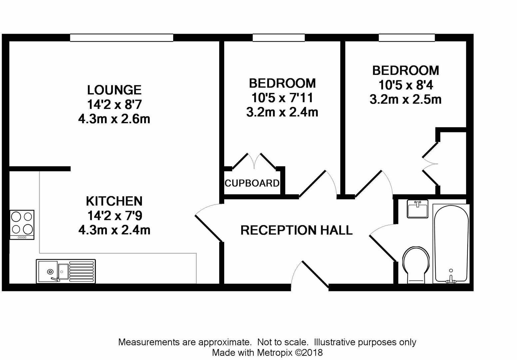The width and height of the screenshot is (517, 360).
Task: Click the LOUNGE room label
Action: tap(114, 90)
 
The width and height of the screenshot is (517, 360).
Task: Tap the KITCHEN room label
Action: tap(114, 201)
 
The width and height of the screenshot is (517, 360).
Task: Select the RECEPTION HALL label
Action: tap(296, 230)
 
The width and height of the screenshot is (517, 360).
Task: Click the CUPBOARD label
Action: tap(252, 183)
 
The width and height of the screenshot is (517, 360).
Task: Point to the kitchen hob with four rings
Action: tap(22, 224)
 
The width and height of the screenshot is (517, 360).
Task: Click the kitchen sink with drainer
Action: tap(66, 271)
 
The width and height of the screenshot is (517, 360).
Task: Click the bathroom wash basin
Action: tap(417, 209)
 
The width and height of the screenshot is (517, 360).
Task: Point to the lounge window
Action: tap(122, 38)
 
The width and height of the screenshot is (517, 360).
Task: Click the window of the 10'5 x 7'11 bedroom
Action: tap(278, 38)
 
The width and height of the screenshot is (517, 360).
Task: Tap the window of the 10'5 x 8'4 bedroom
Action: tap(406, 38)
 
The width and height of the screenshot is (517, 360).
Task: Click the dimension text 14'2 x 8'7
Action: tap(114, 105)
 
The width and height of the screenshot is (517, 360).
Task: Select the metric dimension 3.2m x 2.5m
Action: tap(405, 99)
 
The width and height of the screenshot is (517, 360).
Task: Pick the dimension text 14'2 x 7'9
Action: tap(114, 216)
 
